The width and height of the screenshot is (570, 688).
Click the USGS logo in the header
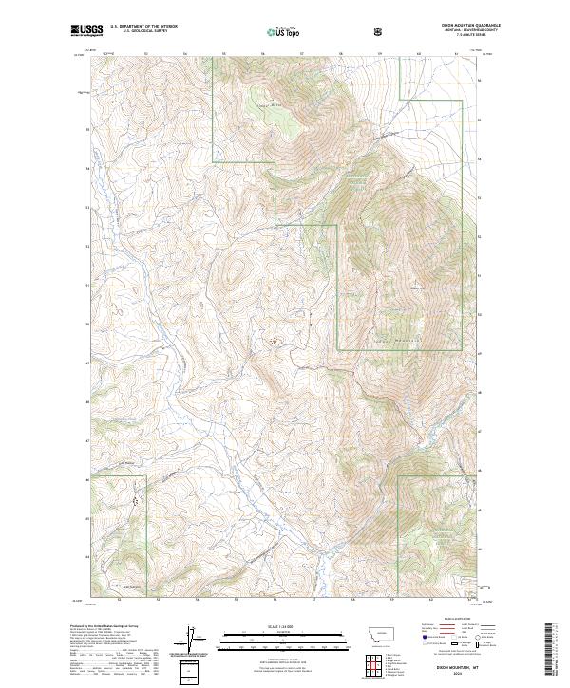click(87, 30)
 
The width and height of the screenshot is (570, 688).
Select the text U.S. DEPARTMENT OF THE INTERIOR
click(142, 27)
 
